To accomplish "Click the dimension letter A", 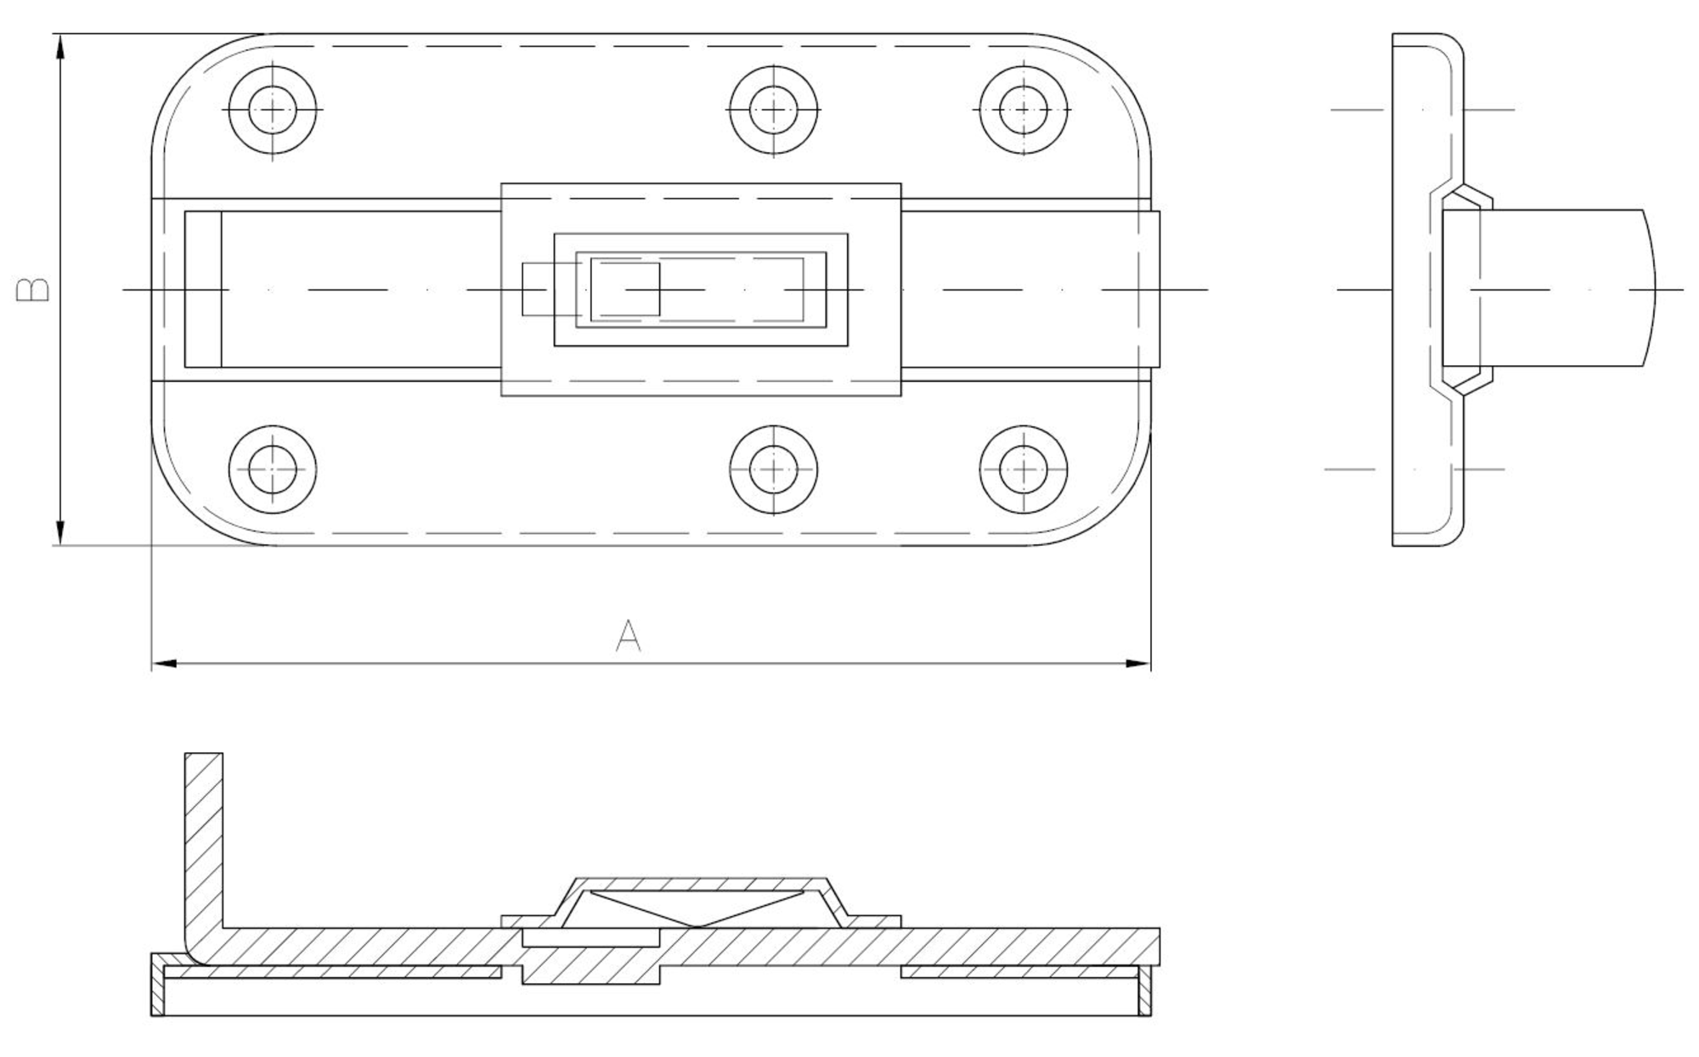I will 628,636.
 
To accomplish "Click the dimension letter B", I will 33,290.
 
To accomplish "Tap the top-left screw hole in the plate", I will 273,110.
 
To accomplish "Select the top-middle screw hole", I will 773,110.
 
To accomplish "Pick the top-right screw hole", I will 1023,110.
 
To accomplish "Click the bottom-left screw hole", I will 273,469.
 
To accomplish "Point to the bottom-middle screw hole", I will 773,469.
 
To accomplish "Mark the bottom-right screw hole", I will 1023,469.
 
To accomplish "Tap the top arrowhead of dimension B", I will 59,47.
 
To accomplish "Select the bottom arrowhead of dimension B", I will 59,532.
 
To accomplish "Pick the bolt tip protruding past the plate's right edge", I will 1155,290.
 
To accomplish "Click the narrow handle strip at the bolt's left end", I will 203,290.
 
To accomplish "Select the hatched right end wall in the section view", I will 1144,991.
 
